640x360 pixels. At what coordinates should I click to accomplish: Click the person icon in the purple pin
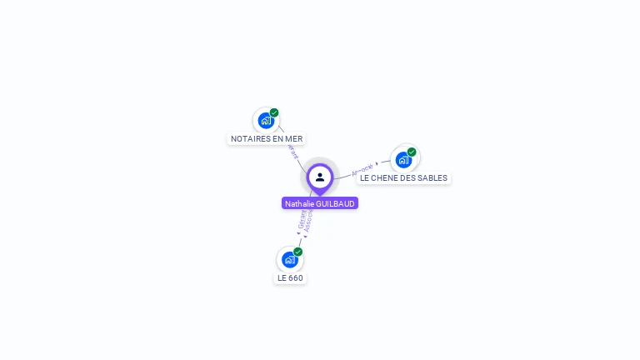point(320,177)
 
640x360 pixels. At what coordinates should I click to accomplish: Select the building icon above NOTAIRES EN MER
point(265,120)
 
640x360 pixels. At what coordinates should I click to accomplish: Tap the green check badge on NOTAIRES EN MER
point(274,112)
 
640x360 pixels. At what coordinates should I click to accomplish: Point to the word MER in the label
point(294,139)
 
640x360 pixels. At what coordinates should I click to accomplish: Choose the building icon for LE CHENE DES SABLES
point(403,159)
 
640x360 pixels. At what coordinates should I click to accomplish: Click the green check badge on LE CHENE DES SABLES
point(412,152)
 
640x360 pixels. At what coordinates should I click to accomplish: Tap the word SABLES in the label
point(432,178)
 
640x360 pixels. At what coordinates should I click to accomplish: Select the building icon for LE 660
point(288,259)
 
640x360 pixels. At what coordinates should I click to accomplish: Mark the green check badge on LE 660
point(297,252)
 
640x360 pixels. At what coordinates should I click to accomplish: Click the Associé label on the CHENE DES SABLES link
point(362,169)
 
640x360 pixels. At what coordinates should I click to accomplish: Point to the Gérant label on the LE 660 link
point(301,219)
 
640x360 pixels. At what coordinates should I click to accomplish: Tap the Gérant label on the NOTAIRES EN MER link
point(292,151)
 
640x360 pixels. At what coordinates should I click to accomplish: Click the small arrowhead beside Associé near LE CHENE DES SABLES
point(377,164)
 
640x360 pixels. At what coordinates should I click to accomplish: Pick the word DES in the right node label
point(408,178)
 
